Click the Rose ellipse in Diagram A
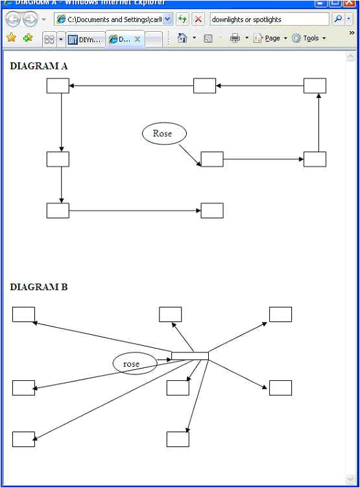[164, 134]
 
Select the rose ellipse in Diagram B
[135, 363]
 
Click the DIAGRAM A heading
[39, 66]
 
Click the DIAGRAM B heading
[39, 287]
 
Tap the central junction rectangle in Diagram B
[189, 356]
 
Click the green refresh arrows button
[183, 19]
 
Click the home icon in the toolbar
[182, 38]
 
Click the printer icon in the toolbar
[235, 38]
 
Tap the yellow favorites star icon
[11, 38]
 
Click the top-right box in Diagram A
[315, 86]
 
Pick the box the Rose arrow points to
[212, 159]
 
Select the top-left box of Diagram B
[23, 314]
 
